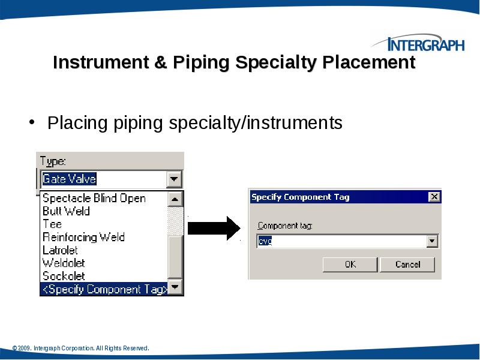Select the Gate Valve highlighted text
(69, 179)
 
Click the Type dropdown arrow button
(174, 179)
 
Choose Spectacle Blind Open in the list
(94, 198)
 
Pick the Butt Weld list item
(66, 211)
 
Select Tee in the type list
(52, 224)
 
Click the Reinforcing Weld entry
(83, 237)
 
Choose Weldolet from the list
(64, 263)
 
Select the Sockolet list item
(64, 276)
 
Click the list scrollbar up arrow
(175, 199)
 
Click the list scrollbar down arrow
(175, 288)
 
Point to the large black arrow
(214, 227)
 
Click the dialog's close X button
(434, 197)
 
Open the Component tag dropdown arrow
(432, 241)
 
